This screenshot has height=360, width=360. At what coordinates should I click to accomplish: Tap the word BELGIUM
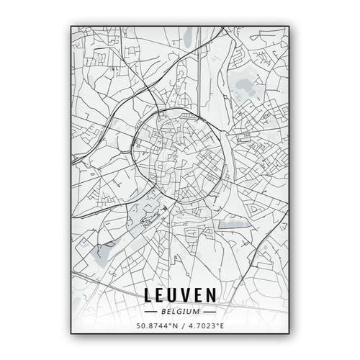tap(181, 312)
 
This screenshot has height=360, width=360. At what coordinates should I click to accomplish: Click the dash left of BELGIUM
tap(150, 312)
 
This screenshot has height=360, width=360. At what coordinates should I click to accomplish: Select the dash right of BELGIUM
tap(210, 312)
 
